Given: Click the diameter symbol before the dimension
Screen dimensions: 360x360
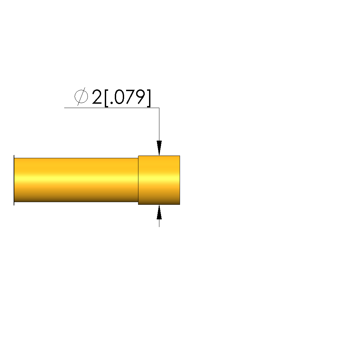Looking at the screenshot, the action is [x=81, y=96].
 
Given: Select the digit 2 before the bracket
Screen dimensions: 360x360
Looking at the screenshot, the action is [x=97, y=97].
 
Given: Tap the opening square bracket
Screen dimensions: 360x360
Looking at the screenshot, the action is [x=106, y=98].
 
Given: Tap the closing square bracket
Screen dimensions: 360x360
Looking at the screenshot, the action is [x=149, y=98].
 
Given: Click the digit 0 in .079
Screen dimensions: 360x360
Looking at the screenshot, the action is [x=119, y=97].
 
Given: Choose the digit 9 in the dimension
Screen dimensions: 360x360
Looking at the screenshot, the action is [x=141, y=97].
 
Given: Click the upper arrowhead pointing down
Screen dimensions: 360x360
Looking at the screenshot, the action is [x=159, y=148].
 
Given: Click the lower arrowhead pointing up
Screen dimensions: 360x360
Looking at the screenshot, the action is [x=159, y=212].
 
